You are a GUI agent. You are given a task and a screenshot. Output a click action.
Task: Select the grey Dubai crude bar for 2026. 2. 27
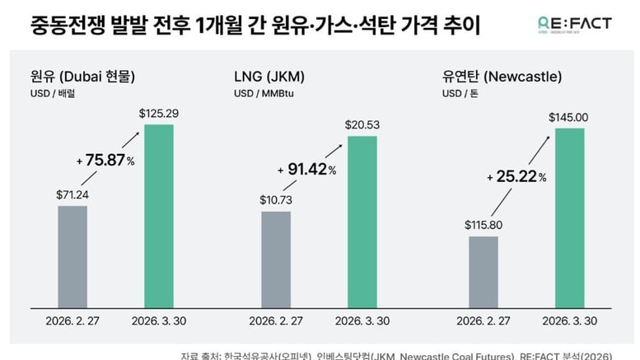(72, 256)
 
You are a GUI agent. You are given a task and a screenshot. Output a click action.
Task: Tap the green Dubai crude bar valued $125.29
(159, 215)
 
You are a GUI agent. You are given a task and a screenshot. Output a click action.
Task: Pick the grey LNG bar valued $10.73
(276, 259)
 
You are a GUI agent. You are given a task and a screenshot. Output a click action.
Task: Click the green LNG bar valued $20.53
(362, 221)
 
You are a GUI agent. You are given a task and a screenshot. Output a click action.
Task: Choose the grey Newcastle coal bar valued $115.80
(483, 271)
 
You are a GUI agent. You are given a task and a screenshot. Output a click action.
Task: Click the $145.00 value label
(569, 117)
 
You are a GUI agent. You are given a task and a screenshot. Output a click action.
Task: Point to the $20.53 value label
(362, 124)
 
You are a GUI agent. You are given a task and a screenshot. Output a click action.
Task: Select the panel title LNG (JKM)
(269, 78)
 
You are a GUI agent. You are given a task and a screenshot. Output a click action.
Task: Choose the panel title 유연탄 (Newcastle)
(502, 78)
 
